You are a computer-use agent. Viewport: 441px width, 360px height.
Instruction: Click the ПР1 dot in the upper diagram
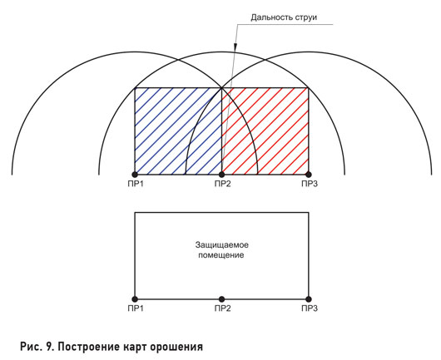135,175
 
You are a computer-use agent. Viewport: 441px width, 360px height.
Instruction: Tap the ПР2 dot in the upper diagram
221,175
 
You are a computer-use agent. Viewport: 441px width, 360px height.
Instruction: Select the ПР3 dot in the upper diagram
309,175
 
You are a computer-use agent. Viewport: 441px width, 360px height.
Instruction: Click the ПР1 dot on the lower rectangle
135,299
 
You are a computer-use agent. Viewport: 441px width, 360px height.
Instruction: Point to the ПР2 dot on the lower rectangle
221,299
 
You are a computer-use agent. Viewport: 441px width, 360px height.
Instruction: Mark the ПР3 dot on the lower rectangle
309,299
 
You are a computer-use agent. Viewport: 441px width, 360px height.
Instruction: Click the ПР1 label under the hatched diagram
136,184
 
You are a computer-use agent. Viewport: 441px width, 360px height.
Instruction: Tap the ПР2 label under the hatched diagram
222,184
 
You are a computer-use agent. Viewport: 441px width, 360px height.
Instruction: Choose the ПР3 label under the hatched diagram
310,184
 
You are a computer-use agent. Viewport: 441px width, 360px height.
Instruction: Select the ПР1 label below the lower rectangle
136,308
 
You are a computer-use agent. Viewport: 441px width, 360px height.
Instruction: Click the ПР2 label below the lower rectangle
222,308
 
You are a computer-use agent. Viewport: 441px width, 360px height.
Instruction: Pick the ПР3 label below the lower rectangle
310,308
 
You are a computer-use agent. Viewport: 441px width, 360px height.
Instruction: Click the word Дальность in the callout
272,17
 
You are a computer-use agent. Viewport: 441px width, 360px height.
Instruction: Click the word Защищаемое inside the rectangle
222,245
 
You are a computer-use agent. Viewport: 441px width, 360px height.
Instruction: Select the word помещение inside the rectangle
221,255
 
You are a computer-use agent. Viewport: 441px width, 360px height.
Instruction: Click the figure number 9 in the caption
47,347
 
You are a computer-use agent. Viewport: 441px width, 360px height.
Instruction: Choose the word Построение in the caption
87,348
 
